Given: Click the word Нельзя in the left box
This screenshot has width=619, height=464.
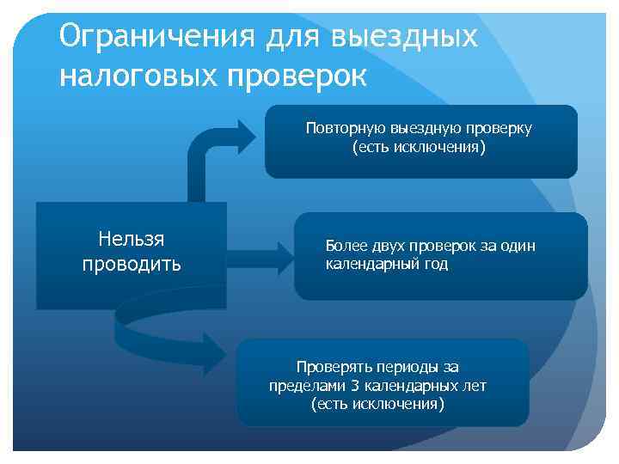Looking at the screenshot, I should (x=132, y=239).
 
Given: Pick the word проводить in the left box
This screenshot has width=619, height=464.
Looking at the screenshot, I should (x=132, y=263).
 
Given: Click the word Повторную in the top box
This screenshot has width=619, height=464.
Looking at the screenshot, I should (x=340, y=128).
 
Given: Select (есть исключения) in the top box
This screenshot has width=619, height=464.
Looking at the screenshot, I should (x=419, y=148).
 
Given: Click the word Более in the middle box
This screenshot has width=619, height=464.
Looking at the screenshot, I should (x=344, y=246).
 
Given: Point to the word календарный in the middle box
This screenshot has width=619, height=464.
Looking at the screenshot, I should (x=370, y=264).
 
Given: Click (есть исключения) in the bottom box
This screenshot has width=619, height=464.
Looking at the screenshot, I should (x=378, y=404).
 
